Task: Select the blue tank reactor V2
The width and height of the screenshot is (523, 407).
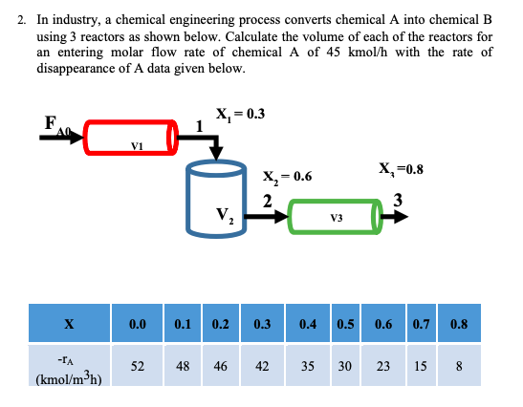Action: [221, 199]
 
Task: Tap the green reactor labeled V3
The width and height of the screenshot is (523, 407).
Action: [334, 217]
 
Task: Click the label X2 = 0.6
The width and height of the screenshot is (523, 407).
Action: [287, 176]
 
